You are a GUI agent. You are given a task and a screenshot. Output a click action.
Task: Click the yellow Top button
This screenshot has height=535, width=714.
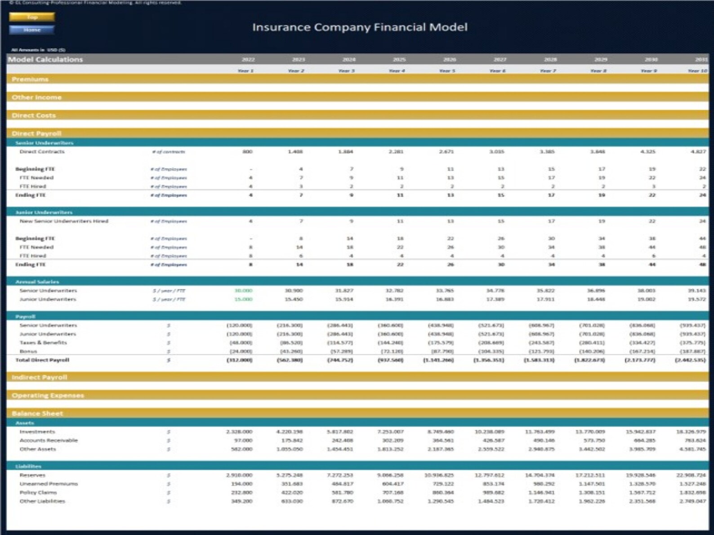(x=32, y=17)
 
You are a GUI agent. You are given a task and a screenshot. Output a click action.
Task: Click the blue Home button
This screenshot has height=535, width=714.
(x=32, y=30)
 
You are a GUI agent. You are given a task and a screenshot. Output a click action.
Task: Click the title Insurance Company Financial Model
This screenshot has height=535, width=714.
(x=360, y=27)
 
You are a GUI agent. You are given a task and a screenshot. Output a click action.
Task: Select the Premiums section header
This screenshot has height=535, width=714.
(x=30, y=80)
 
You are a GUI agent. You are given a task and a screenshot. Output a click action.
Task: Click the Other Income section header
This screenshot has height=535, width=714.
(x=36, y=97)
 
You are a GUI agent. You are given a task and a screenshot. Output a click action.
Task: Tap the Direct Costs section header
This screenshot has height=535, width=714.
(x=34, y=115)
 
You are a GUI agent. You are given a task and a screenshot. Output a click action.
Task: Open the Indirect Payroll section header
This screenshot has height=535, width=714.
(x=39, y=377)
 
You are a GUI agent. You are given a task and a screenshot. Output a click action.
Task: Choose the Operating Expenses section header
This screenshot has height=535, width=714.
(x=48, y=395)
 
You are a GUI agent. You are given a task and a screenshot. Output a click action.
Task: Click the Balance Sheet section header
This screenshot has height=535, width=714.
(x=37, y=413)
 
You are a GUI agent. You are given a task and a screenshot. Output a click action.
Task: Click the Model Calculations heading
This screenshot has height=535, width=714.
(x=45, y=59)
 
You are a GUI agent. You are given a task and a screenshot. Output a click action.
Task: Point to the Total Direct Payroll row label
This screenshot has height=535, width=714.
(x=42, y=360)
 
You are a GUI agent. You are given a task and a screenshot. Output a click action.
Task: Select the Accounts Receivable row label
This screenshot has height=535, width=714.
(x=49, y=440)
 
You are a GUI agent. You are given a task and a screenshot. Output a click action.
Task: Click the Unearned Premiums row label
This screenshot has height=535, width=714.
(x=49, y=484)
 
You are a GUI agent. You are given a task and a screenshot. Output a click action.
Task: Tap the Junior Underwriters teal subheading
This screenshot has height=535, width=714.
(x=44, y=212)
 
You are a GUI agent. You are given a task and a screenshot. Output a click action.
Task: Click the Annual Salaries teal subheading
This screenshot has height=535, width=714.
(x=37, y=282)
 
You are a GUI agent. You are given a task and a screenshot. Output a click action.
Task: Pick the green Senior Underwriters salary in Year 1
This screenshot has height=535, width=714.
(x=243, y=291)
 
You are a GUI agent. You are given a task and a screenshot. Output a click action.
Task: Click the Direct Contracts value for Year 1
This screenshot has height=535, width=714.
(x=247, y=152)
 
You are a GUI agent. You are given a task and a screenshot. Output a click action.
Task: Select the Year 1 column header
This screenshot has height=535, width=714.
(x=245, y=71)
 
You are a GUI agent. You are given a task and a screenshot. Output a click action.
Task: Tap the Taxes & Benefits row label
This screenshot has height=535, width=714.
(x=43, y=343)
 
